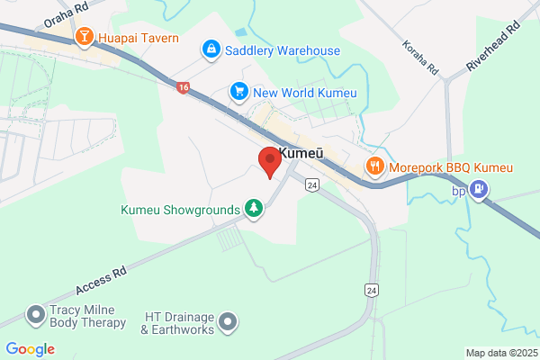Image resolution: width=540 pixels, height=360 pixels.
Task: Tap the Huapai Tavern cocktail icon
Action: pyautogui.click(x=85, y=37)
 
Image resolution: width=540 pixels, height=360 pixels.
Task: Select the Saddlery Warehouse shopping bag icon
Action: pyautogui.click(x=211, y=49)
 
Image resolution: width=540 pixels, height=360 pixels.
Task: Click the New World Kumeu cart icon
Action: pyautogui.click(x=238, y=90)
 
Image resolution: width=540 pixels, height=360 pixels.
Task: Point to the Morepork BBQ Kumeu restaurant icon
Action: pyautogui.click(x=374, y=166)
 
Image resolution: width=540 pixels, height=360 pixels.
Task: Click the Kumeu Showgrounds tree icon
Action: pyautogui.click(x=255, y=210)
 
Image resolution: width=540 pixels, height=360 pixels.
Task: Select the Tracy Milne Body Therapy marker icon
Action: pyautogui.click(x=36, y=314)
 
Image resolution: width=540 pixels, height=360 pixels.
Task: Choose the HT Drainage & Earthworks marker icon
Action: pyautogui.click(x=229, y=320)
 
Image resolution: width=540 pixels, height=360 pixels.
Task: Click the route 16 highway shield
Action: pyautogui.click(x=184, y=88)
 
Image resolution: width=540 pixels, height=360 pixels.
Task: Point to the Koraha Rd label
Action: pyautogui.click(x=420, y=57)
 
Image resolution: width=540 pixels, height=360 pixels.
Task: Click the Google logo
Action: pyautogui.click(x=30, y=349)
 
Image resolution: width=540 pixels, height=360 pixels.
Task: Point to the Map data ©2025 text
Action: pyautogui.click(x=500, y=352)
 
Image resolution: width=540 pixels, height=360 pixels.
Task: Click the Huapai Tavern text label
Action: pyautogui.click(x=139, y=38)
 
